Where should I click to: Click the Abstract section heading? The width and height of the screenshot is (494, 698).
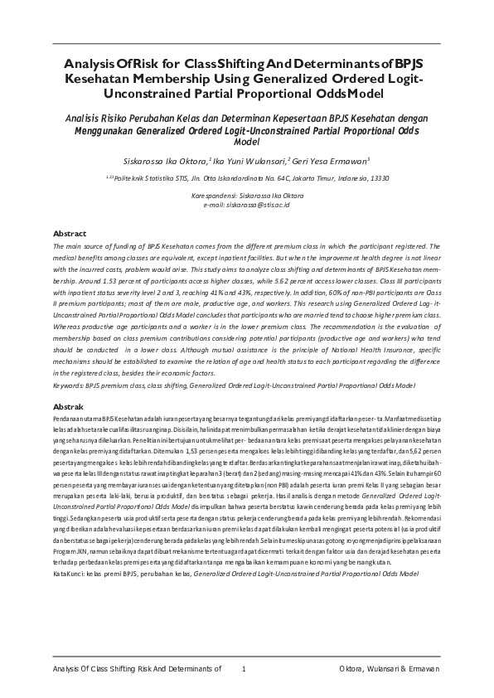coord(70,233)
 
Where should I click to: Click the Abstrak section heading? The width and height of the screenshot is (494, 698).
coord(69,408)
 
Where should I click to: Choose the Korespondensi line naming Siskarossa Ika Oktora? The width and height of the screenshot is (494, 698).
coord(246,196)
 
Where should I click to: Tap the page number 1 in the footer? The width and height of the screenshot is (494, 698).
coord(244,669)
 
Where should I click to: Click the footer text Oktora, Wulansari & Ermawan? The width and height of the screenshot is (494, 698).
coord(389,669)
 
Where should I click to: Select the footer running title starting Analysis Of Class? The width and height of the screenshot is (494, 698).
coord(137,669)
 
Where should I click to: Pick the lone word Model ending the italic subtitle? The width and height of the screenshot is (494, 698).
coord(247,142)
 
